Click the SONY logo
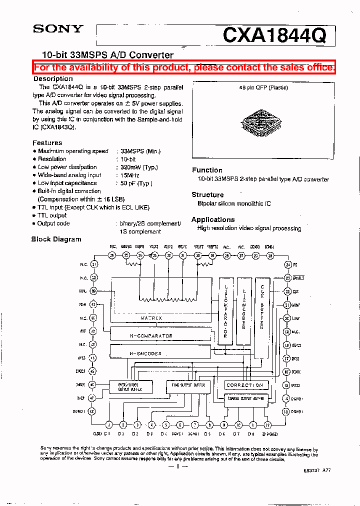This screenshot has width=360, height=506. (x=57, y=28)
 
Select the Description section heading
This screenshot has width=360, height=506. (x=53, y=78)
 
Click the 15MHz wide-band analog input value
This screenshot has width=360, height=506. (x=130, y=175)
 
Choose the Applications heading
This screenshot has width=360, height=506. (x=212, y=219)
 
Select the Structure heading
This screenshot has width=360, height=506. (x=207, y=194)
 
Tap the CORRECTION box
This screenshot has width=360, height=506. (x=244, y=385)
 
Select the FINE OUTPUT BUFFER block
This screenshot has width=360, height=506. (x=185, y=385)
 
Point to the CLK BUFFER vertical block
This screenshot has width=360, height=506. (x=262, y=310)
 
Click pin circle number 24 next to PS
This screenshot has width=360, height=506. (x=287, y=264)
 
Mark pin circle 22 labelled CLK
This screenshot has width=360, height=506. (x=287, y=291)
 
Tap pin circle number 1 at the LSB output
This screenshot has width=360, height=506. (x=108, y=425)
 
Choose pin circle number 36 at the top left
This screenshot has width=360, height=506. (x=112, y=255)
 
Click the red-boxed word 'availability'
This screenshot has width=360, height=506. (x=93, y=67)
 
